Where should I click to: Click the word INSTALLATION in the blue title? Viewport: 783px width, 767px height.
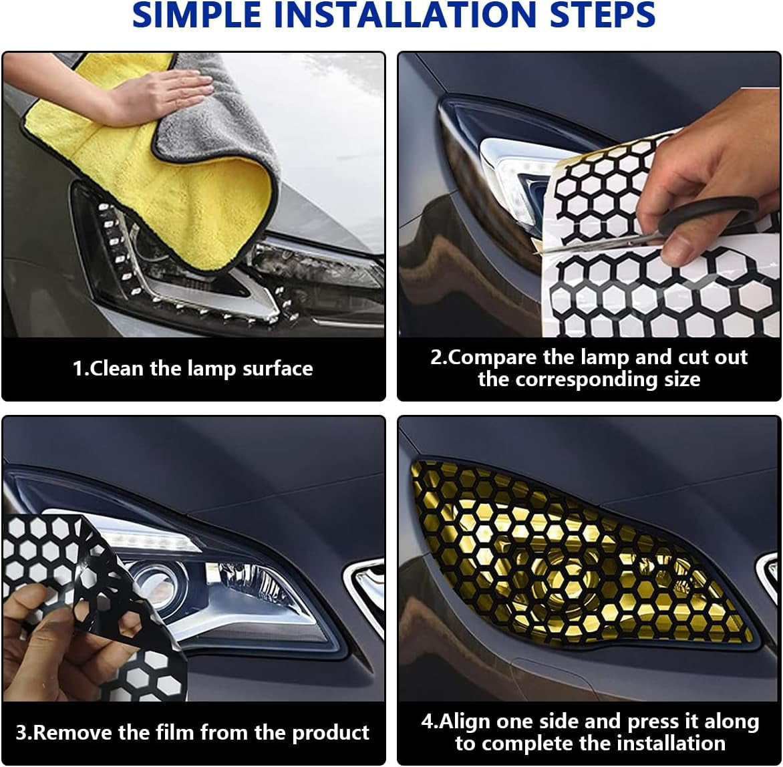coord(404,14)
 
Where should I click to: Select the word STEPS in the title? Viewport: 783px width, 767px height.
coord(602,14)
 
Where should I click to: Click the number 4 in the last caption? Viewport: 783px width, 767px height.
coord(428,722)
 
